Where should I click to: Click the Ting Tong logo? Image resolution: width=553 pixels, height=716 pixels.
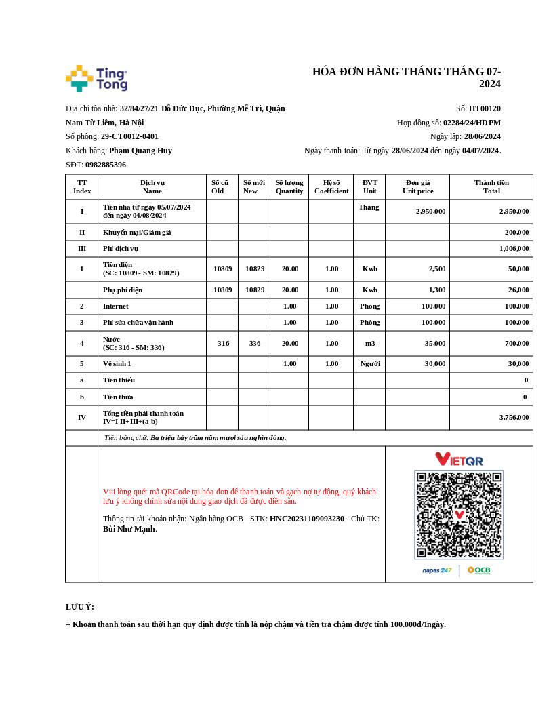click(97, 79)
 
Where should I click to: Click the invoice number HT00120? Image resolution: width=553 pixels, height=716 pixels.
click(485, 108)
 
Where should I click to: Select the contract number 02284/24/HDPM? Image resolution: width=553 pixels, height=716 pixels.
click(472, 123)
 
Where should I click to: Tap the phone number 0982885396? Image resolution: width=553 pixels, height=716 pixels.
click(106, 165)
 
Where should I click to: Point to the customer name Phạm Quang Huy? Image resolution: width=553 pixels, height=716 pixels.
click(140, 151)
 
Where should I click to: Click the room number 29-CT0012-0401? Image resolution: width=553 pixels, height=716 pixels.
click(129, 136)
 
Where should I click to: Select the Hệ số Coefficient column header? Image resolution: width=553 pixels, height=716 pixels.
click(331, 186)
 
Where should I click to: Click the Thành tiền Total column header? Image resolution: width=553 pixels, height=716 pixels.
click(491, 186)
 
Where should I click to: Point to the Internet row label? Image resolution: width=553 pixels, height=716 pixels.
click(116, 306)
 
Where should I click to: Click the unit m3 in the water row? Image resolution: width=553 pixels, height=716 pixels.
click(369, 343)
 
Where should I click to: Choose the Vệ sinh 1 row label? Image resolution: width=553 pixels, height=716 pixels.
click(117, 363)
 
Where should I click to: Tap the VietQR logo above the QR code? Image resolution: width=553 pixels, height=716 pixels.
click(459, 460)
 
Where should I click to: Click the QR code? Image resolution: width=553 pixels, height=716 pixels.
click(459, 515)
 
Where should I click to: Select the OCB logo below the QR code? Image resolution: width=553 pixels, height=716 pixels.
click(478, 570)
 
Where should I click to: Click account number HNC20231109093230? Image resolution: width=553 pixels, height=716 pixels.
click(307, 519)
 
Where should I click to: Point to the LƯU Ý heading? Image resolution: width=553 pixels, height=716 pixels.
click(80, 607)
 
